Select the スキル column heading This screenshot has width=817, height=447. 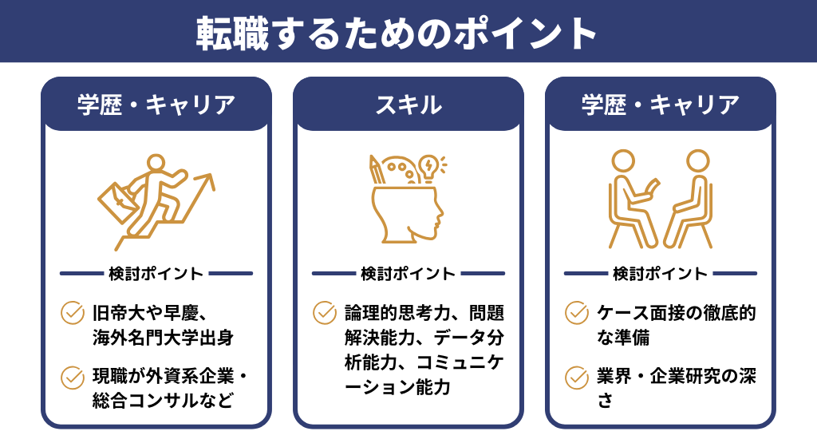click(408, 104)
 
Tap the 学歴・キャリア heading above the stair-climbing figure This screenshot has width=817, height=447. click(156, 104)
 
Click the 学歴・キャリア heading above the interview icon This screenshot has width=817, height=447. click(660, 104)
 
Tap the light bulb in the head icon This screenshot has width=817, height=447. click(428, 167)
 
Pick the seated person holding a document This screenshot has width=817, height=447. click(633, 200)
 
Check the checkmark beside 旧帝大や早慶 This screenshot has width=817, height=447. click(73, 312)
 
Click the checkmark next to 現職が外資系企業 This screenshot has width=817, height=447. click(73, 376)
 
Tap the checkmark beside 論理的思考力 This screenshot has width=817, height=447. click(325, 312)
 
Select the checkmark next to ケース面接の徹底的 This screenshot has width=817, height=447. click(577, 312)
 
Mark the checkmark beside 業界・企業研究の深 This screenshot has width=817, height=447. click(577, 376)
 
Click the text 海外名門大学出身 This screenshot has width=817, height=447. click(163, 337)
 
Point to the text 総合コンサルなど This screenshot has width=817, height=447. click(163, 401)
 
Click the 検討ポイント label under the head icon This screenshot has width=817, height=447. click(408, 274)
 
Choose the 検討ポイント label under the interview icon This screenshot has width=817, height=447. click(661, 274)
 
